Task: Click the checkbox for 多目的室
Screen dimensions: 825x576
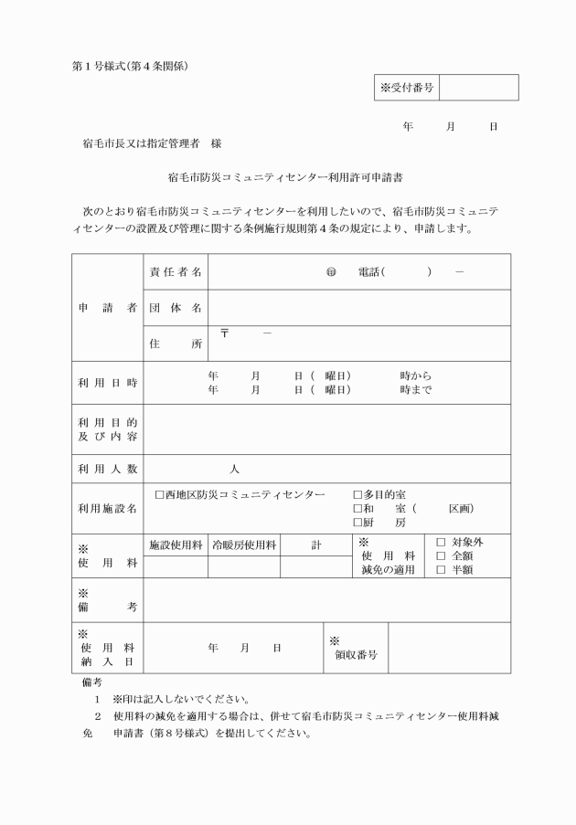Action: click(358, 494)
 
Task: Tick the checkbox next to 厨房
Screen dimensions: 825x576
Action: click(358, 524)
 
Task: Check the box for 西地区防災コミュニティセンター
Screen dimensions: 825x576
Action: click(160, 494)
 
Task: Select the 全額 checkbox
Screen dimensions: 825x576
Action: click(441, 555)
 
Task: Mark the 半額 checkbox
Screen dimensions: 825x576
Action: click(441, 570)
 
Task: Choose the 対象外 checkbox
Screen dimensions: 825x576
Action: click(441, 542)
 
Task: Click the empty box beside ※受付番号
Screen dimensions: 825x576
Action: click(479, 88)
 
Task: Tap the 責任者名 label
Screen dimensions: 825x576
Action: click(176, 272)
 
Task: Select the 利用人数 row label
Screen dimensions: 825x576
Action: click(107, 469)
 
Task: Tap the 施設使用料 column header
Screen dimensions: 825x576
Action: click(176, 545)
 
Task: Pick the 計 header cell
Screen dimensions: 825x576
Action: click(316, 545)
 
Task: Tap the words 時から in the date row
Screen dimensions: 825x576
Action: click(416, 375)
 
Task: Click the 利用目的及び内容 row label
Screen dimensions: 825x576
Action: click(107, 429)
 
